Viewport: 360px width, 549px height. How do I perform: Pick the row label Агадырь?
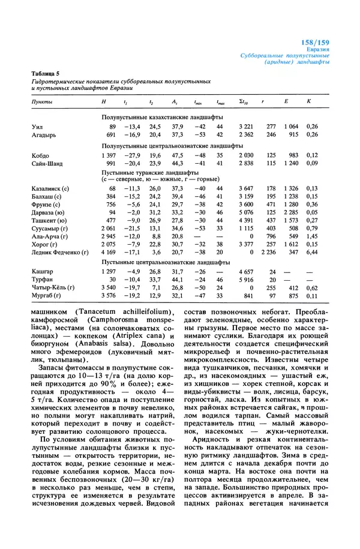click(44, 136)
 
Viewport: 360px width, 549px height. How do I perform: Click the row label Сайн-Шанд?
click(47, 163)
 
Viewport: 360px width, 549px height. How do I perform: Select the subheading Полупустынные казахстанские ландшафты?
click(162, 118)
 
